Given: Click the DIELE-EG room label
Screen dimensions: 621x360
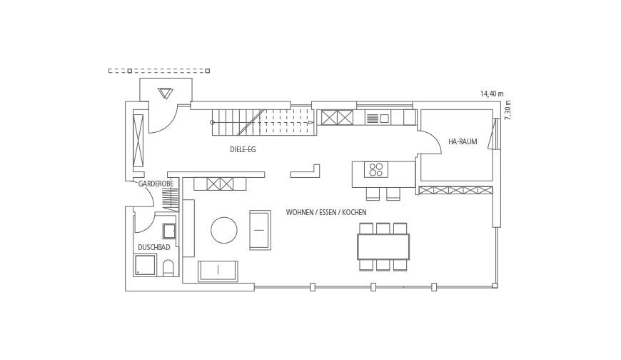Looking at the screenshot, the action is (243, 149).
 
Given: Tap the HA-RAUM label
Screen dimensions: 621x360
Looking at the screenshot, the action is (463, 141).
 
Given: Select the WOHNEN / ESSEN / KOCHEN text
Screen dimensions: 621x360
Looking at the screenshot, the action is (326, 213).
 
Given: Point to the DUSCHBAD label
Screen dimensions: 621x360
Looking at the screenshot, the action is (154, 247).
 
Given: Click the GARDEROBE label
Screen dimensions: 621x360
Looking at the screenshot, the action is (156, 184).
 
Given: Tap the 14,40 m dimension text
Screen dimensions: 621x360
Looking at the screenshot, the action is (492, 94).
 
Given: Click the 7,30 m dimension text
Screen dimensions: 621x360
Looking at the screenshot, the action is (508, 110).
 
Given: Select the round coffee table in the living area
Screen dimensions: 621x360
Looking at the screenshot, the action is (223, 230).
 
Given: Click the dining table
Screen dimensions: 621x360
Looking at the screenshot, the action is (383, 246).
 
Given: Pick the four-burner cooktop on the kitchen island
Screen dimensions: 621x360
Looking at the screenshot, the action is (376, 169).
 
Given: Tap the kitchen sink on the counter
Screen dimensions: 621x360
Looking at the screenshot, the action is (378, 118).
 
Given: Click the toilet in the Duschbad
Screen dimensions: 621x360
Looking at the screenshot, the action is (168, 268).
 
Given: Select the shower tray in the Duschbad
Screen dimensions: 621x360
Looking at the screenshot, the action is (146, 265).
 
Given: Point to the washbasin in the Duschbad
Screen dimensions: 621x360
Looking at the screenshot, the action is (169, 231).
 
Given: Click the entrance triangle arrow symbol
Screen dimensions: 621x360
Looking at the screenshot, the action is (165, 93).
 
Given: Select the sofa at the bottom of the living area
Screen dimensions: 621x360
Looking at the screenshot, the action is (218, 271).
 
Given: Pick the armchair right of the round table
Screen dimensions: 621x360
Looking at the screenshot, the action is (261, 230).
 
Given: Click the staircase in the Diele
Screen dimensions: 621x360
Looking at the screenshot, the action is (264, 123).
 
